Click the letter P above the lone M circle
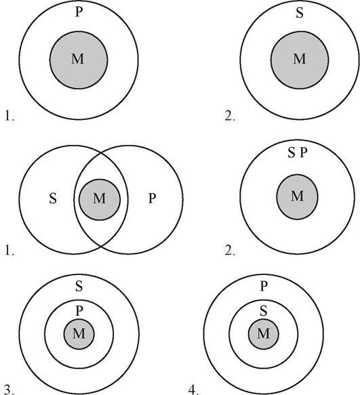(x=79, y=12)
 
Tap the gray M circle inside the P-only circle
(x=79, y=60)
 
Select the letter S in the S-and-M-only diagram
(x=300, y=13)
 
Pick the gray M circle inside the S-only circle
(x=300, y=60)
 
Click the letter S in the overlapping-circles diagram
(x=53, y=199)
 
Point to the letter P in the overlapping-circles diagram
(x=152, y=199)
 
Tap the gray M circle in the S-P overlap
(x=100, y=199)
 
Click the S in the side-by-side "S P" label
(x=292, y=152)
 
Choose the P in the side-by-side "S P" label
(x=304, y=152)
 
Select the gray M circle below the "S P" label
(x=297, y=196)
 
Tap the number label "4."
(x=194, y=390)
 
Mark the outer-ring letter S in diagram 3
(x=79, y=286)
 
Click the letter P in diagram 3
(x=79, y=311)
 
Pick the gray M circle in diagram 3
(x=79, y=334)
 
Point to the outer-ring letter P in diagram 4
(x=264, y=286)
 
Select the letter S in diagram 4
(x=264, y=311)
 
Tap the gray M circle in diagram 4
(x=264, y=334)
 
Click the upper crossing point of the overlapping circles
(x=101, y=152)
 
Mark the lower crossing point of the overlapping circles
(x=101, y=247)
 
